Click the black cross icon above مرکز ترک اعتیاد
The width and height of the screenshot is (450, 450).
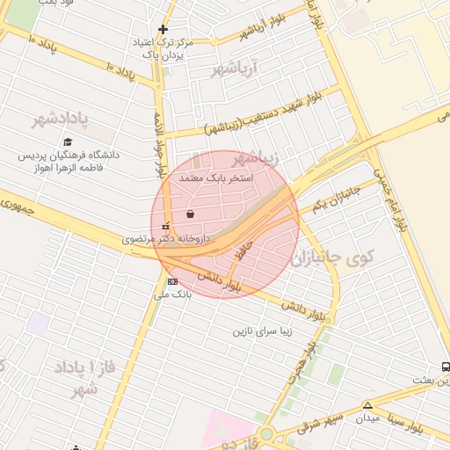click(163, 29)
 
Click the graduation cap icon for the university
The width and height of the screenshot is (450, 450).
click(69, 142)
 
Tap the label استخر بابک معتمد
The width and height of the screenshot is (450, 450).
click(216, 178)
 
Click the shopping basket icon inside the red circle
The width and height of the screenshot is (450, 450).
click(191, 214)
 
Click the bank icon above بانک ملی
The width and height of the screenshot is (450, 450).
click(171, 281)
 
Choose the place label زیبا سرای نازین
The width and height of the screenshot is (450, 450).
click(261, 331)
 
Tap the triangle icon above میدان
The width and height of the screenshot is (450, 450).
click(367, 405)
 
